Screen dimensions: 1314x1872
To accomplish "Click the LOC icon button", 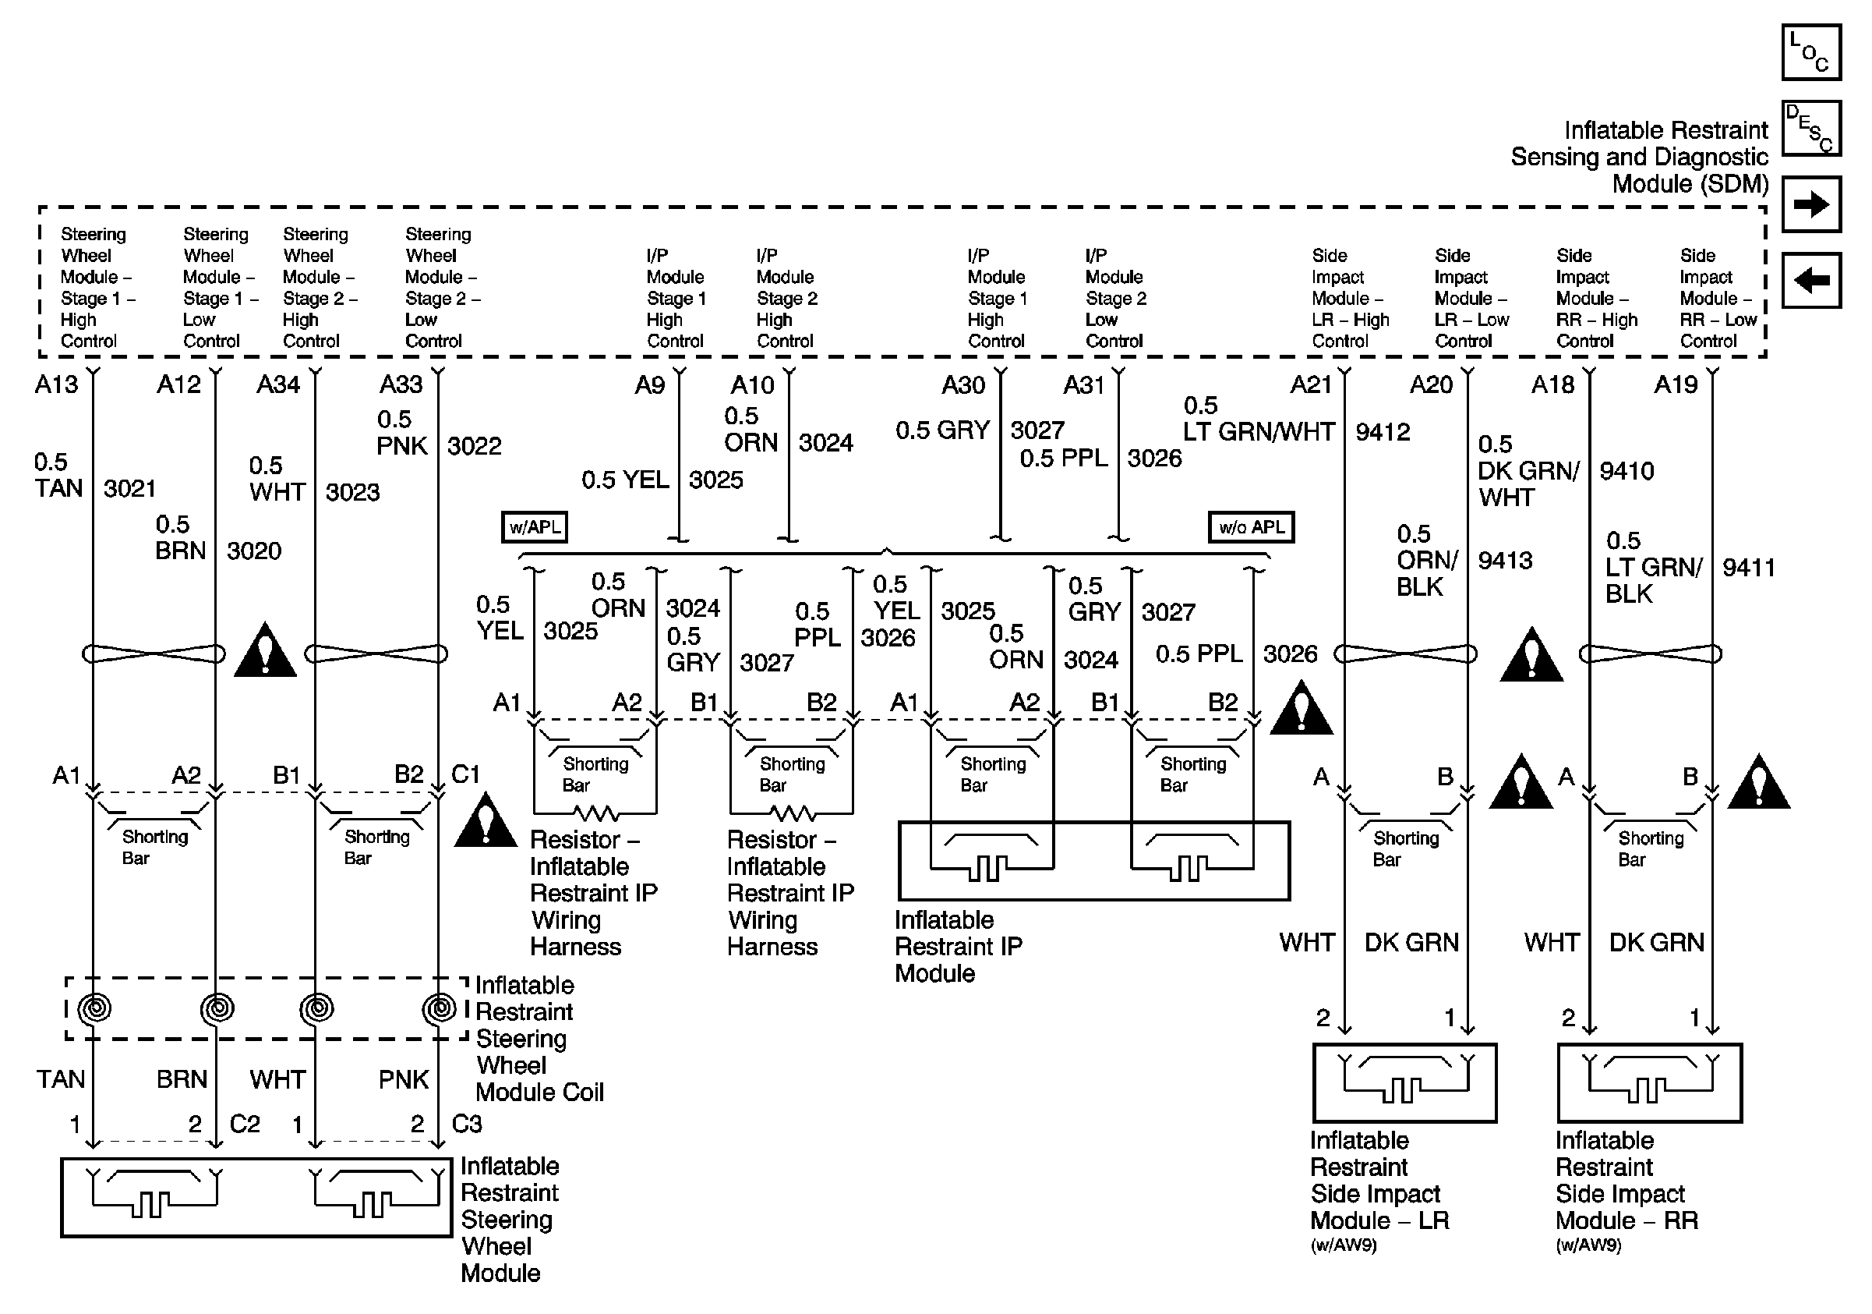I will coord(1811,52).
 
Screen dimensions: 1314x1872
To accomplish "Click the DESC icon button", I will coord(1811,128).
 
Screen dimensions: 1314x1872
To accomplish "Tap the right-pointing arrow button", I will coord(1811,204).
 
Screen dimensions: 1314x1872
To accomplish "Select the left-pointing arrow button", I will coord(1811,281).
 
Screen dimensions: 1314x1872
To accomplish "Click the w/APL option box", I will coord(534,527).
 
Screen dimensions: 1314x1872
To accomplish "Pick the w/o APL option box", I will coord(1251,527).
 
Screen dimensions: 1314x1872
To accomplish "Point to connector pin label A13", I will coord(56,384).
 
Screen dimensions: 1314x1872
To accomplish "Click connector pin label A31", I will coord(1083,384).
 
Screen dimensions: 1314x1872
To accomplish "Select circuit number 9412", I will coord(1383,431).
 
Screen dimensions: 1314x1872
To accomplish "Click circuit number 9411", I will coord(1749,567).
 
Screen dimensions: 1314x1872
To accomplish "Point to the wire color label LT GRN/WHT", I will coord(1259,431).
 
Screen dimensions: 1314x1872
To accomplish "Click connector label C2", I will coord(245,1124).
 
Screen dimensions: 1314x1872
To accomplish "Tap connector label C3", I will coord(466,1124).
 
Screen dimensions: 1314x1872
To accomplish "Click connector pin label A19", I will coord(1676,384).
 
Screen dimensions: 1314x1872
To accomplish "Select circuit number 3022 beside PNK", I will coord(475,445).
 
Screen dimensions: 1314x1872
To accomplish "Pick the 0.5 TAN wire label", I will coord(58,476).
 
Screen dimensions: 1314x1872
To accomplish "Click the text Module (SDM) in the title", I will coord(1690,183).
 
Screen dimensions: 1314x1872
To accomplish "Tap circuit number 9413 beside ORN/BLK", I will coord(1505,561).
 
